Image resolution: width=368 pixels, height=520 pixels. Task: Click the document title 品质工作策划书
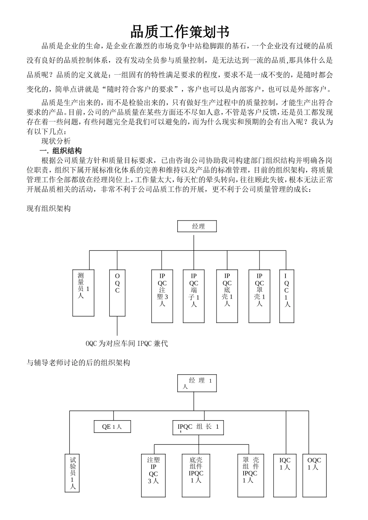(x=180, y=31)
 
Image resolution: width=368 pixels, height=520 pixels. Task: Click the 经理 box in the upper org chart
(x=197, y=226)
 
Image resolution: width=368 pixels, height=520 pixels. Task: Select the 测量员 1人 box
(x=83, y=292)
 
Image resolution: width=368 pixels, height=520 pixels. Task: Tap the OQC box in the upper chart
(x=117, y=292)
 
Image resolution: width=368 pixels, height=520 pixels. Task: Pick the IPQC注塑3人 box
(x=162, y=296)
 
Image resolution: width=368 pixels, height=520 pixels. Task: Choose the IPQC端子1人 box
(x=194, y=296)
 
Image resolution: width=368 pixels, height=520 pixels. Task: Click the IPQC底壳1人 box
(x=227, y=296)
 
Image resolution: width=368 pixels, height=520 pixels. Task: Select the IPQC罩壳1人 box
(x=259, y=296)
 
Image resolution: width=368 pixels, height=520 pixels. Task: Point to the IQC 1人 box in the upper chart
(x=287, y=296)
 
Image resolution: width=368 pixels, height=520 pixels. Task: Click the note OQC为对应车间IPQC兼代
(x=127, y=344)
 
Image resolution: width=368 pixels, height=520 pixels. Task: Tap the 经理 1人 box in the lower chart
(x=197, y=383)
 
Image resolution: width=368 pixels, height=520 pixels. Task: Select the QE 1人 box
(x=112, y=427)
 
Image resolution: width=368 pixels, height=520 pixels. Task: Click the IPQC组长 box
(x=198, y=427)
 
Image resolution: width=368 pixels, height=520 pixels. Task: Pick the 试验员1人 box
(x=72, y=473)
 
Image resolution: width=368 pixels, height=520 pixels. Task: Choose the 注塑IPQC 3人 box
(x=153, y=476)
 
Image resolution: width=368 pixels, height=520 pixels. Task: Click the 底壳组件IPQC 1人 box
(x=196, y=476)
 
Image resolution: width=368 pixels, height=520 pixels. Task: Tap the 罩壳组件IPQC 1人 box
(x=250, y=476)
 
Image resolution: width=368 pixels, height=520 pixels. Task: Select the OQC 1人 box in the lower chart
(x=314, y=476)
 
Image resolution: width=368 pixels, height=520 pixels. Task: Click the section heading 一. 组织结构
(x=61, y=151)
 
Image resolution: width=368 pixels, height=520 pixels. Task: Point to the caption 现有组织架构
(x=48, y=209)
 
